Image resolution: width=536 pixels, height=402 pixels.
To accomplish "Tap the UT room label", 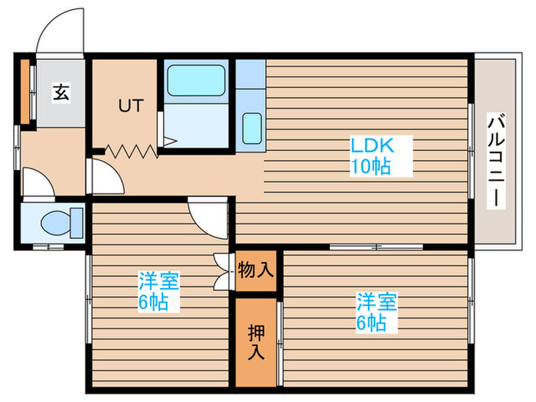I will [x=129, y=106].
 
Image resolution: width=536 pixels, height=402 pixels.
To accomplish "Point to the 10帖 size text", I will [x=371, y=166].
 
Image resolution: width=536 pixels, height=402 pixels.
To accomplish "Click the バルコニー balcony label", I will [x=495, y=159].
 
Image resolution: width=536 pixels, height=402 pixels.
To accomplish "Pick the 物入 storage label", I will [x=255, y=270].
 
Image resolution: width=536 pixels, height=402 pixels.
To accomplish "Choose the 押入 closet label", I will [x=255, y=342].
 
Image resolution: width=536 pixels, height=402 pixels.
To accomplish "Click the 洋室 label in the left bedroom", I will [x=159, y=281].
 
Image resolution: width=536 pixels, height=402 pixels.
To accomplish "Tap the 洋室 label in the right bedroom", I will [x=375, y=301].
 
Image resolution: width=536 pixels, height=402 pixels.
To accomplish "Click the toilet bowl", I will [x=58, y=223].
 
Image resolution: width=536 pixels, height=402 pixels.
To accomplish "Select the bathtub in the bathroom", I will [x=195, y=80].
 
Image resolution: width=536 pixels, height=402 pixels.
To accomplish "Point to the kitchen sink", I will [x=251, y=127].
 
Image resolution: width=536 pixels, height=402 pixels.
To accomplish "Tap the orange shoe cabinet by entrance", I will [x=25, y=91].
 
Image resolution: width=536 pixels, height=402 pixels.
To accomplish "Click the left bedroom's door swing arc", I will [x=205, y=217].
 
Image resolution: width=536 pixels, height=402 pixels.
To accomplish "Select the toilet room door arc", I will [x=36, y=184].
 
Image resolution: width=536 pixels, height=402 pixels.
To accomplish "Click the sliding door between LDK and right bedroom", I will [x=376, y=247].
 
